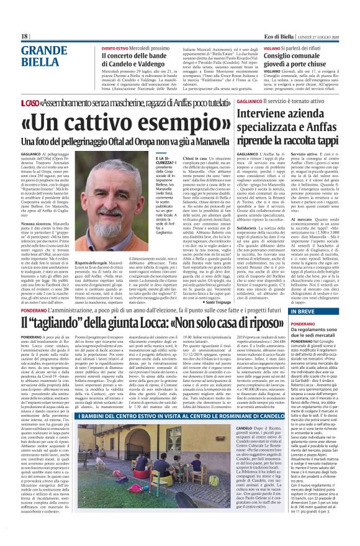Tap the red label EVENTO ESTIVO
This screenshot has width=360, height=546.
coord(115,48)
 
